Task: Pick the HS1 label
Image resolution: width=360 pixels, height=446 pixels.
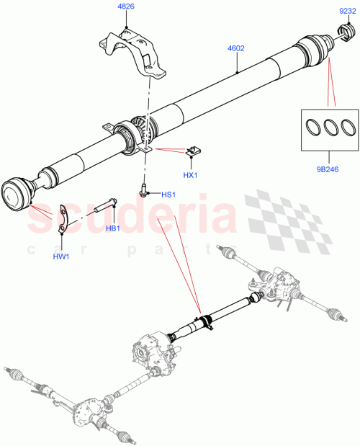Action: coord(167,194)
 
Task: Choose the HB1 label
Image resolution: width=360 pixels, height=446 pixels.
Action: coord(112,229)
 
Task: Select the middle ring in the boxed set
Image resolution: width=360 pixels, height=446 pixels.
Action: coord(330,128)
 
